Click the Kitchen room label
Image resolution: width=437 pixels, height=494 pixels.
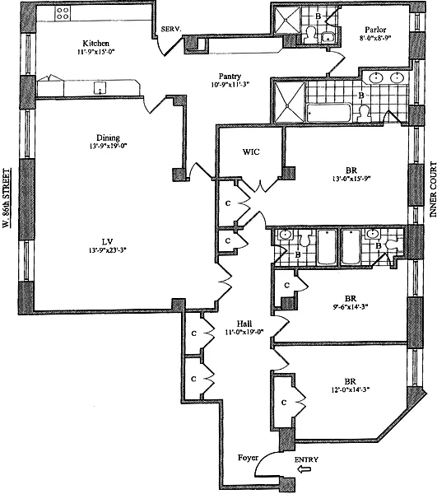click(x=96, y=43)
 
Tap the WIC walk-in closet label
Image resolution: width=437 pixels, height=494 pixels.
click(x=250, y=152)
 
